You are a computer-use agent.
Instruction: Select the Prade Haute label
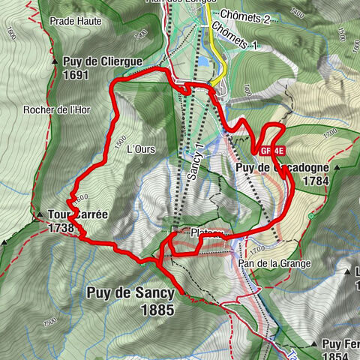click(73, 22)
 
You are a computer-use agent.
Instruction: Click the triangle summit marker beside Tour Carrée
click(39, 215)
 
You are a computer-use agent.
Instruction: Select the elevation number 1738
click(61, 228)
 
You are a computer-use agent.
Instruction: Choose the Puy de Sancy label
click(130, 293)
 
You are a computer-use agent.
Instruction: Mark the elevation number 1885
click(156, 309)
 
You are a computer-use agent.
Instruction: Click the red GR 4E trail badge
click(270, 151)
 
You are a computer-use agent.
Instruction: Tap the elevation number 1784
click(313, 181)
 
